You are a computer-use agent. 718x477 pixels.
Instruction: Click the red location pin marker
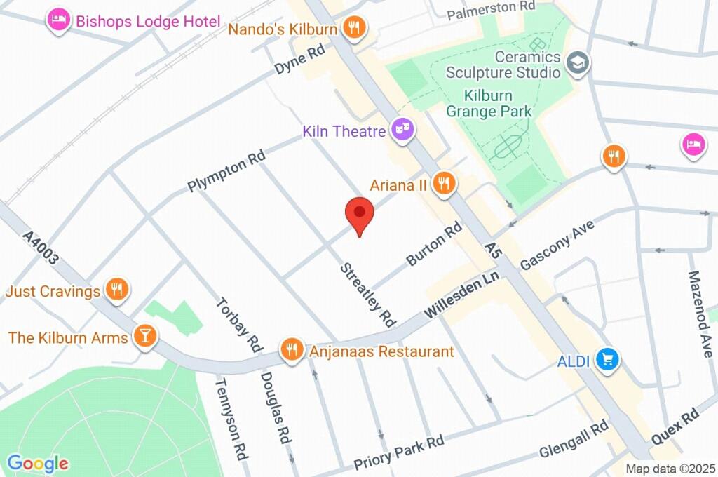(x=360, y=215)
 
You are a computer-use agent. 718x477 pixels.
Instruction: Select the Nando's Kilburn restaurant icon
(x=355, y=28)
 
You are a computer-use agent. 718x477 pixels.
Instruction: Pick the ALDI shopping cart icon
(x=607, y=360)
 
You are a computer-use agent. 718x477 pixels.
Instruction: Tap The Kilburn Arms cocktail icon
(x=145, y=337)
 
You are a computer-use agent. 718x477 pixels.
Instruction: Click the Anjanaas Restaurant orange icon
(x=291, y=350)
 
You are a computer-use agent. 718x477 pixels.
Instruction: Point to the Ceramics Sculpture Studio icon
(x=578, y=62)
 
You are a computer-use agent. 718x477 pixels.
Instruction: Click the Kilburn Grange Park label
(x=489, y=103)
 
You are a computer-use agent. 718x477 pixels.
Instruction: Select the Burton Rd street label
(x=435, y=244)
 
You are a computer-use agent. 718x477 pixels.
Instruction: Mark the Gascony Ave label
(x=557, y=246)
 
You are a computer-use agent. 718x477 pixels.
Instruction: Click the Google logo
(x=38, y=463)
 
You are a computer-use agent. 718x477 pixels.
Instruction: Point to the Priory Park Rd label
(x=398, y=453)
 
